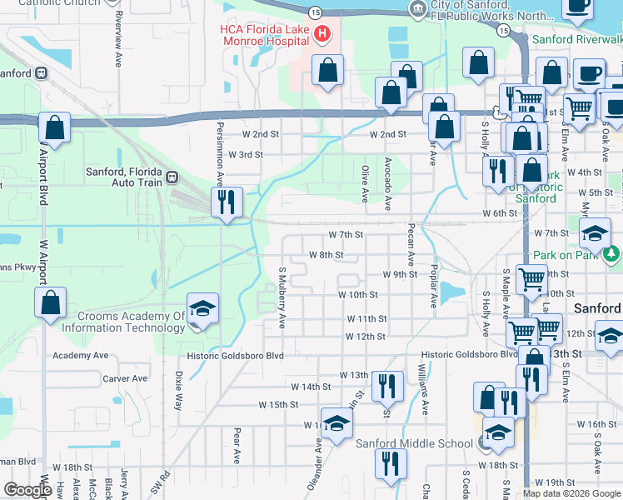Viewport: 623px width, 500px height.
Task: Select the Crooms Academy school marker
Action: pos(202,309)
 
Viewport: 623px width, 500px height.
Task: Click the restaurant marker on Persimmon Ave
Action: pos(227,202)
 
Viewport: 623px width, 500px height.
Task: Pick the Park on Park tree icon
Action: pos(613,253)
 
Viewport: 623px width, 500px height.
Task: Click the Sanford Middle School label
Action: pos(414,443)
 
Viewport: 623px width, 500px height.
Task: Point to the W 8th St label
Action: pos(326,255)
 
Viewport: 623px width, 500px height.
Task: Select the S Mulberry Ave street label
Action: pos(282,297)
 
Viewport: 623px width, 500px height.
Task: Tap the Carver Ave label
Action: pos(125,378)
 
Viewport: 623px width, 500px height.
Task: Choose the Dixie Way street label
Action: pos(178,390)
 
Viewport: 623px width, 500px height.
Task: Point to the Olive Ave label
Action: pos(365,183)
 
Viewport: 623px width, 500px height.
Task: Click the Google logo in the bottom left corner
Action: pos(27,490)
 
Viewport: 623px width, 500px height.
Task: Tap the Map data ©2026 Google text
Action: pos(571,493)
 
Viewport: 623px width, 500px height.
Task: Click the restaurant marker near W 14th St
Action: pos(387,386)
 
